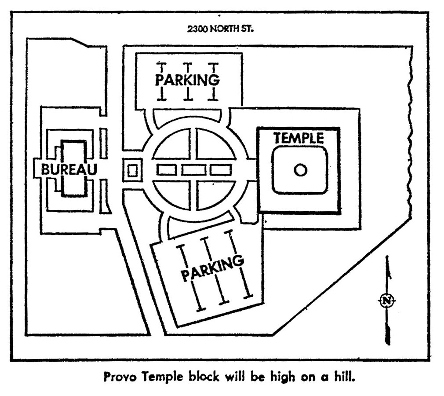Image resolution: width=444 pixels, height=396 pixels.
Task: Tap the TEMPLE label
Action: pyautogui.click(x=298, y=138)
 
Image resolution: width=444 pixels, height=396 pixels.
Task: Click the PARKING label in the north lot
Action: pyautogui.click(x=187, y=81)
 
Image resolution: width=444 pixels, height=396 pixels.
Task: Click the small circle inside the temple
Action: pyautogui.click(x=300, y=170)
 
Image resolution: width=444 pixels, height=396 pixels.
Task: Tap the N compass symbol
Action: pyautogui.click(x=386, y=301)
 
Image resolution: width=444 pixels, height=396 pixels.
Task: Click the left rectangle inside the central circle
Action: pyautogui.click(x=167, y=169)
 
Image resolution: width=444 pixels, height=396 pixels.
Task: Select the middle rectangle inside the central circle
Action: pyautogui.click(x=194, y=169)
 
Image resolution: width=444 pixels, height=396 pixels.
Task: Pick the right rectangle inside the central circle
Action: pyautogui.click(x=221, y=169)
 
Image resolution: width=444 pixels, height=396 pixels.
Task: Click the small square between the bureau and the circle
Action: pyautogui.click(x=132, y=170)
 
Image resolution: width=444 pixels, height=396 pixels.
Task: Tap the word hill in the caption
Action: pyautogui.click(x=344, y=377)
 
